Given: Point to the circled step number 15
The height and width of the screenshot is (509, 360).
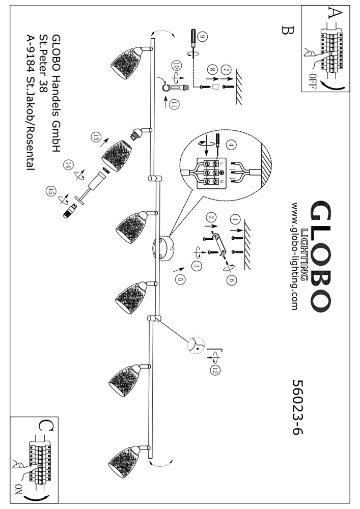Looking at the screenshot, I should pos(50,192).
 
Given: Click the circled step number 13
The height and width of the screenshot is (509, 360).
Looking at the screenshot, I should pos(95,136).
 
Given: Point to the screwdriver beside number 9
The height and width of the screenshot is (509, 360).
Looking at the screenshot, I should pos(193,42).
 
